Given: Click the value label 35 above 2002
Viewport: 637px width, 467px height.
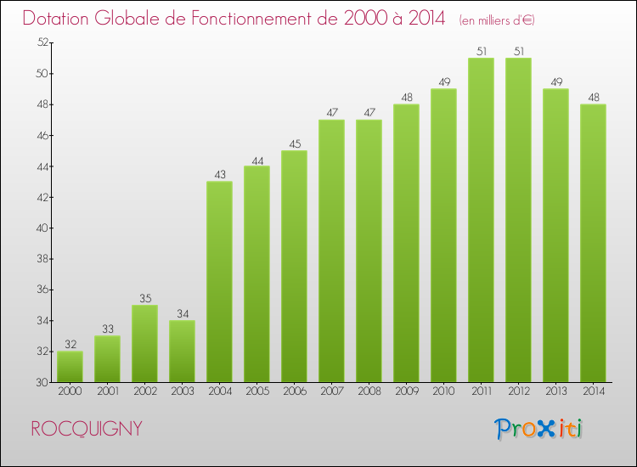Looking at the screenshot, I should (144, 298).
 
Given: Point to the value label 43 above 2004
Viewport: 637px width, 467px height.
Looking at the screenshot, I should (219, 175).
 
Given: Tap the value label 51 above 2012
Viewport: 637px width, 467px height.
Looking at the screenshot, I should (518, 51).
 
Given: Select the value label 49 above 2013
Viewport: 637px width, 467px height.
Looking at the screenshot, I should (555, 82).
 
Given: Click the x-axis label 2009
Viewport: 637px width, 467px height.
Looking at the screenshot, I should (406, 391).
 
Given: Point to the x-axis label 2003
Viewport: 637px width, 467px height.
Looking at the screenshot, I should (182, 391).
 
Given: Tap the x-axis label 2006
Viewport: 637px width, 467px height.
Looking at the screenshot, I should (294, 391).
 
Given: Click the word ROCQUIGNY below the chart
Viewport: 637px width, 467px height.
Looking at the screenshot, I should (86, 429).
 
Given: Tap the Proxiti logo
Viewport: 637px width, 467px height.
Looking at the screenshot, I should (538, 429).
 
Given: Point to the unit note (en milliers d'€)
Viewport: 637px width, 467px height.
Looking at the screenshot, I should (497, 20).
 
